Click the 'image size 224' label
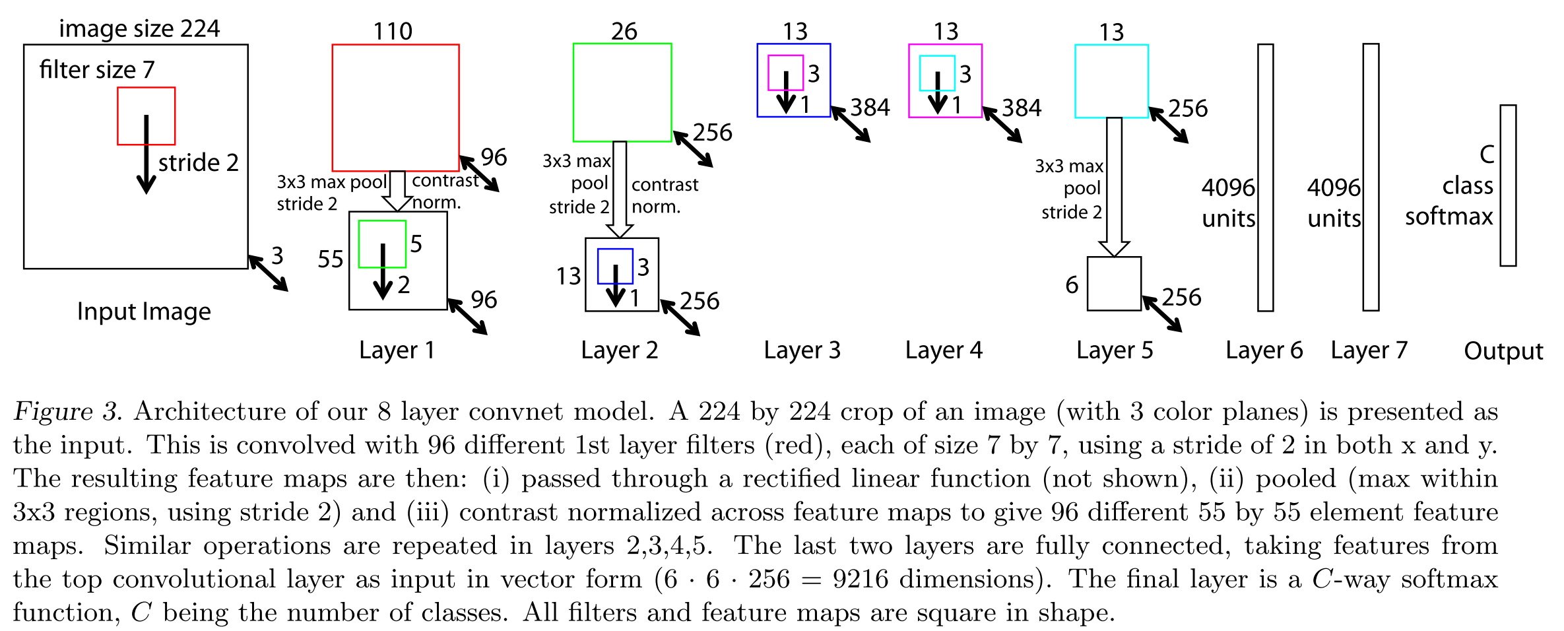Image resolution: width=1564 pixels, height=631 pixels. pyautogui.click(x=139, y=28)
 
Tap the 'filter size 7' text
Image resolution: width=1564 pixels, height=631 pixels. pyautogui.click(x=96, y=69)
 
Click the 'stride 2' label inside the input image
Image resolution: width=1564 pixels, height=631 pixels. pyautogui.click(x=198, y=162)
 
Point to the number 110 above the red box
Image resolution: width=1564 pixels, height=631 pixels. pyautogui.click(x=393, y=31)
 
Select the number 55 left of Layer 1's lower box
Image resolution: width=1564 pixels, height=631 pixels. pyautogui.click(x=330, y=259)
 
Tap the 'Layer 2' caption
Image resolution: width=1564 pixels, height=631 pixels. pyautogui.click(x=619, y=350)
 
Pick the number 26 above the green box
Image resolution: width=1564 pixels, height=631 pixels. pyautogui.click(x=624, y=31)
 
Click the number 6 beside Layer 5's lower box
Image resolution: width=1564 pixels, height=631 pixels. pyautogui.click(x=1072, y=285)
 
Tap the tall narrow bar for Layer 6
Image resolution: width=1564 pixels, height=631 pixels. pyautogui.click(x=1265, y=177)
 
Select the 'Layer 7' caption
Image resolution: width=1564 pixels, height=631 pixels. pyautogui.click(x=1369, y=350)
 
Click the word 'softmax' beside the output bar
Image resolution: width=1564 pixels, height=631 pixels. pyautogui.click(x=1449, y=216)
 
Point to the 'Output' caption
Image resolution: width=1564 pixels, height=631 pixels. pyautogui.click(x=1503, y=351)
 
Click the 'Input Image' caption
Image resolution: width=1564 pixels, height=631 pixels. pyautogui.click(x=144, y=312)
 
